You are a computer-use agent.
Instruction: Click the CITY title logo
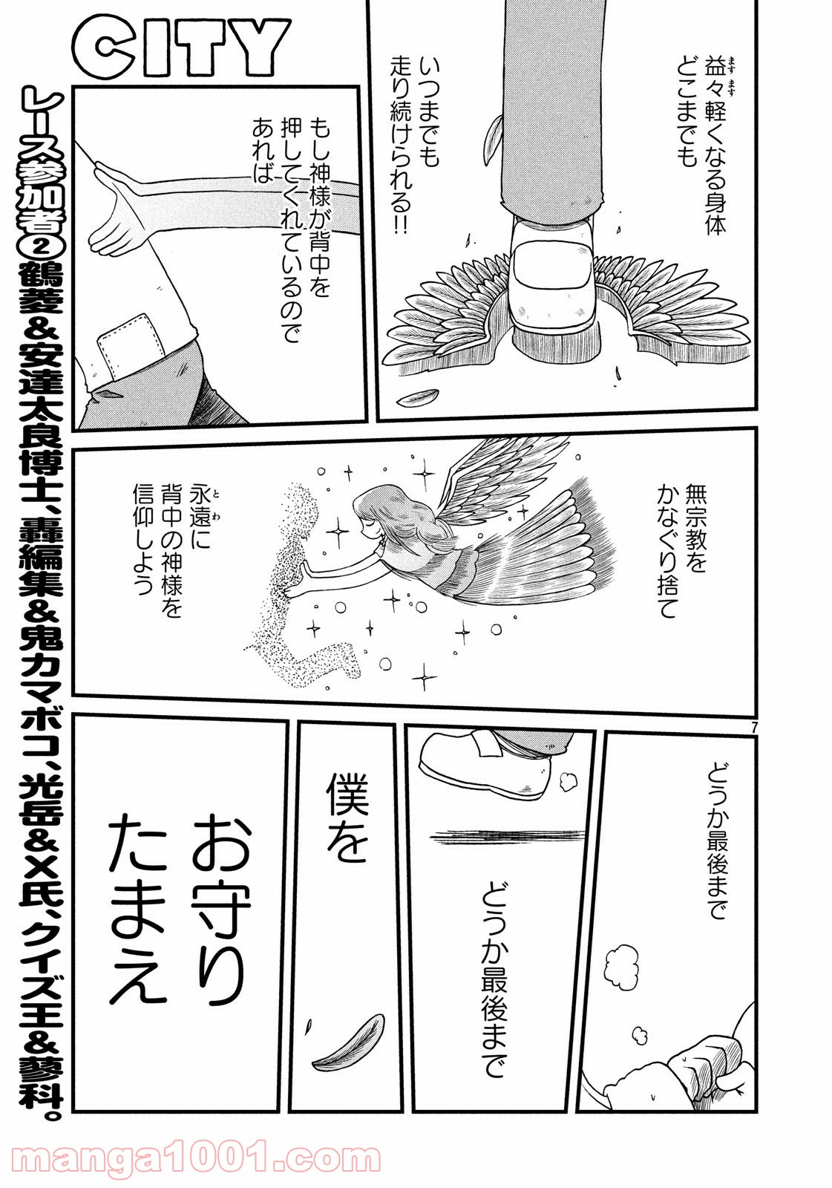[x=181, y=49]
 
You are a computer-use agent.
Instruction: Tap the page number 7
[x=753, y=728]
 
